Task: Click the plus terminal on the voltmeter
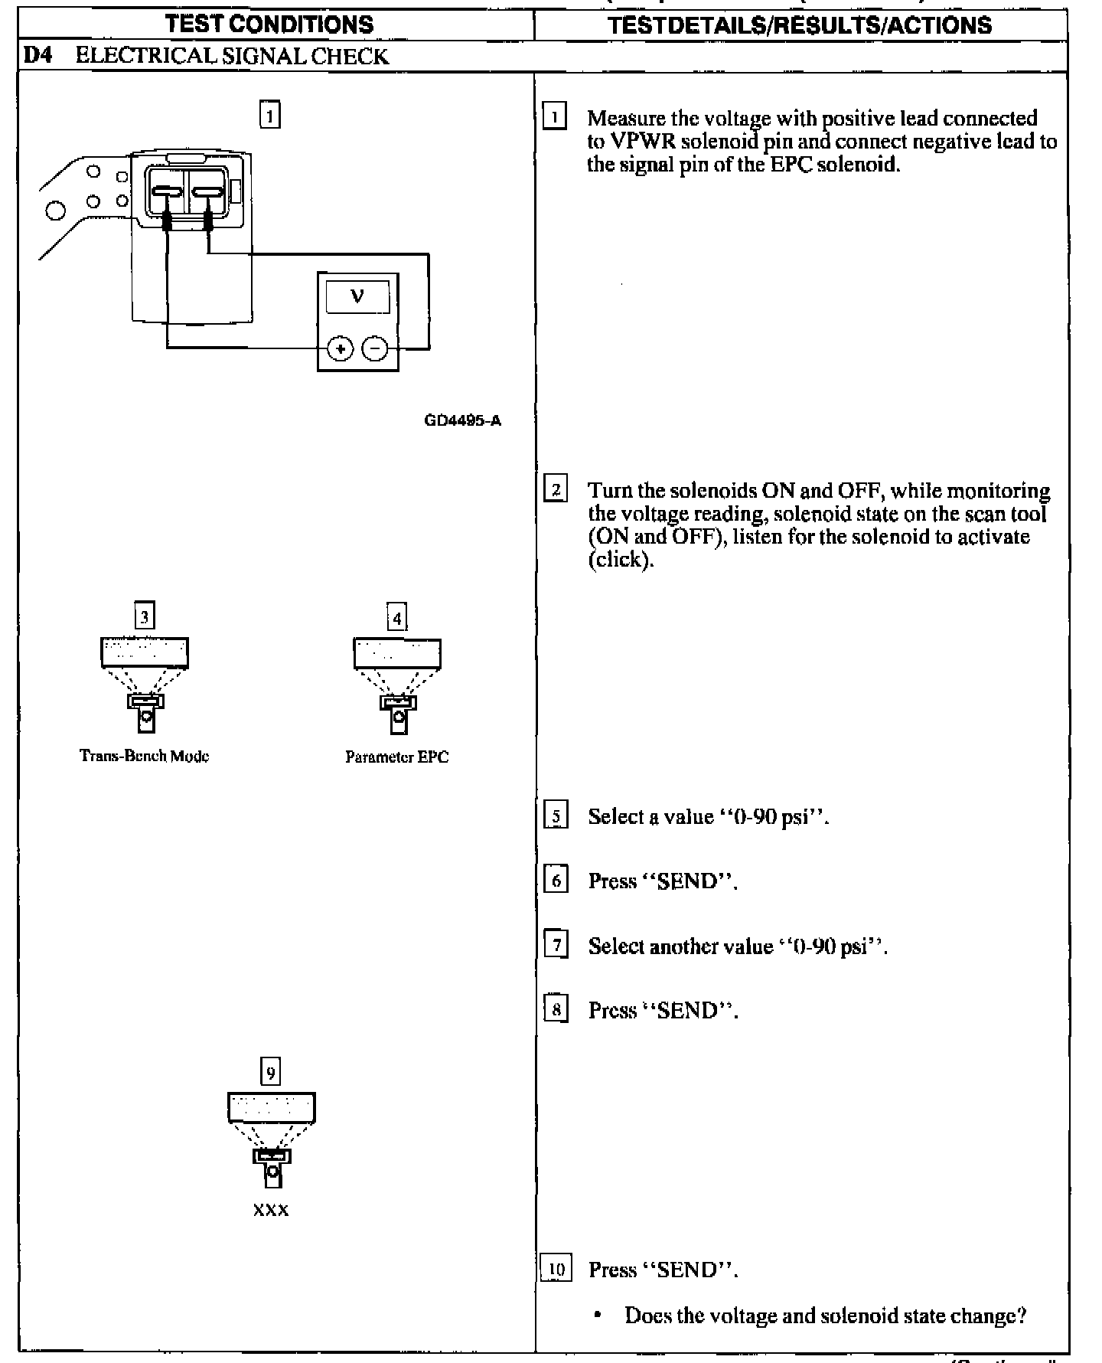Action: point(340,349)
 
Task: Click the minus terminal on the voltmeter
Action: point(375,349)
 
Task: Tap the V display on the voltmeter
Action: point(357,296)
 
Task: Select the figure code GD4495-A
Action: point(463,420)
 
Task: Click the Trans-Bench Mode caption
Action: point(145,756)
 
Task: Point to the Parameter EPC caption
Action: point(396,757)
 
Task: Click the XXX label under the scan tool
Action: point(271,1210)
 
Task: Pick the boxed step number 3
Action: point(145,616)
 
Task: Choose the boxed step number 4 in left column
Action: point(396,617)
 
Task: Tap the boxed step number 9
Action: point(271,1072)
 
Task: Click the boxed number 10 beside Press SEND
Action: point(556,1270)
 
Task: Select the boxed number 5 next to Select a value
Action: point(556,816)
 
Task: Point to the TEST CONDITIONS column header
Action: point(269,25)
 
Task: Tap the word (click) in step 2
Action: point(621,560)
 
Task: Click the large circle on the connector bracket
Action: point(56,209)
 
